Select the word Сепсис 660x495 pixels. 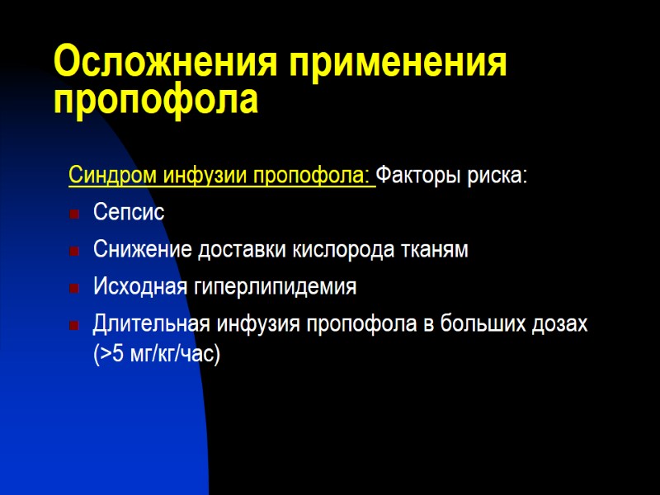pos(129,213)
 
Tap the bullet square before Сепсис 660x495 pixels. pos(74,214)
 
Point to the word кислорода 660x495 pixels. pos(355,250)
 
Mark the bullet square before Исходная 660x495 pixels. pos(74,288)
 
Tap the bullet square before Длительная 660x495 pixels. pos(74,325)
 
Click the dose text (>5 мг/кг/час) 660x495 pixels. pos(157,355)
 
